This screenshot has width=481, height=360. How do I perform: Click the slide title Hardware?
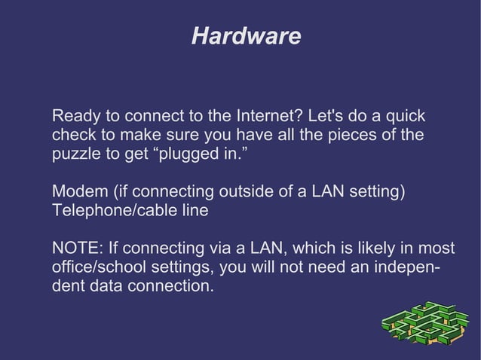[x=246, y=36]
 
